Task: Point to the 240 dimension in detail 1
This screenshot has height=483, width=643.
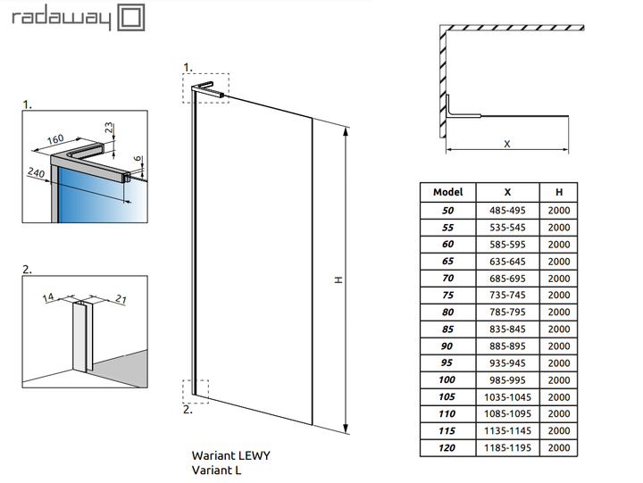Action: [x=37, y=171]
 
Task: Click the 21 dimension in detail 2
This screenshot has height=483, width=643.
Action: [x=120, y=300]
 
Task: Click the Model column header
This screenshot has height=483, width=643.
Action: [x=447, y=192]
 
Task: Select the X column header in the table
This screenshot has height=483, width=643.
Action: [x=507, y=192]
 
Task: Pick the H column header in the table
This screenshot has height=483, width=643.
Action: [x=559, y=192]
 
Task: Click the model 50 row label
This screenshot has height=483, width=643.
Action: [x=447, y=210]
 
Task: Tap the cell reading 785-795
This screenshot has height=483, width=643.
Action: [x=507, y=312]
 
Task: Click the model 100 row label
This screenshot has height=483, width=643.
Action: [x=447, y=380]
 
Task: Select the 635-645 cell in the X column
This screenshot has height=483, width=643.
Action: [x=507, y=261]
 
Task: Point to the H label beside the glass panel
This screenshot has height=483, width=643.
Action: [x=338, y=279]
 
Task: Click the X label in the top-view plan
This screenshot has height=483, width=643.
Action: [x=506, y=143]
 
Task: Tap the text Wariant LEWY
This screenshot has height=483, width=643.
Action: [x=230, y=454]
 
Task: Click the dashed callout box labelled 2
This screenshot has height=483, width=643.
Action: [x=195, y=391]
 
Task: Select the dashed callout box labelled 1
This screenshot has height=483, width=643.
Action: [x=206, y=85]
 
